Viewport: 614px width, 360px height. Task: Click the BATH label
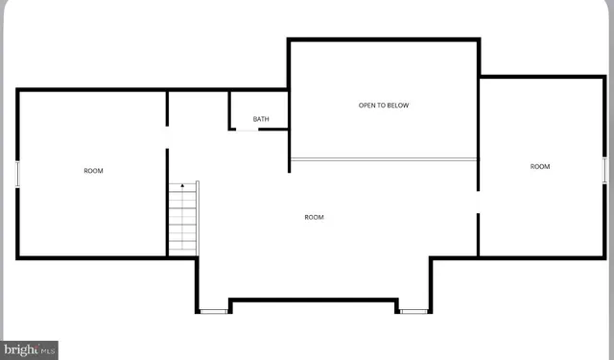(x=261, y=119)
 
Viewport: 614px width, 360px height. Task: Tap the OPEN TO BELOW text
(x=384, y=105)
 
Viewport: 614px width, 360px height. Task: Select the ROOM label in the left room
(x=93, y=171)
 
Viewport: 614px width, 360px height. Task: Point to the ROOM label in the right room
(x=540, y=166)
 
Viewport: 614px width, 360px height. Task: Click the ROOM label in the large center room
(x=314, y=217)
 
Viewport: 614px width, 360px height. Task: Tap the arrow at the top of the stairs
(x=181, y=185)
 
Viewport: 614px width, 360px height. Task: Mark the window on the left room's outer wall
(x=18, y=175)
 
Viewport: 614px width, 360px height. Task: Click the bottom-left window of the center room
(x=213, y=311)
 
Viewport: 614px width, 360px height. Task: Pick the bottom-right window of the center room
(x=414, y=311)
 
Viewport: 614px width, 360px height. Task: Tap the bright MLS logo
(x=30, y=349)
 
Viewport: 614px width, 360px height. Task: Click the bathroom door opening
(x=247, y=129)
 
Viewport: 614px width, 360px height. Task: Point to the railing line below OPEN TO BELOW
(x=384, y=159)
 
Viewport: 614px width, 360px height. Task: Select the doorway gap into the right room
(x=479, y=202)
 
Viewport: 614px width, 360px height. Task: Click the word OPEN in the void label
(x=367, y=105)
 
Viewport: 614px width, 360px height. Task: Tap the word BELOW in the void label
(x=397, y=105)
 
